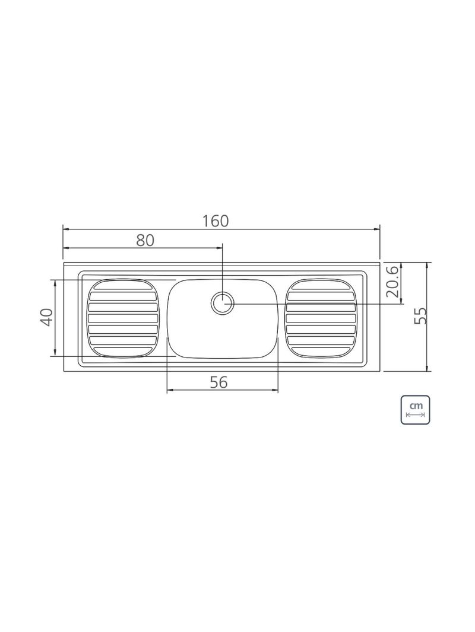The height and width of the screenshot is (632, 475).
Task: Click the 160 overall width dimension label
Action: pos(215,221)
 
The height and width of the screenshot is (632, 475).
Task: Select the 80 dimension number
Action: pos(145,240)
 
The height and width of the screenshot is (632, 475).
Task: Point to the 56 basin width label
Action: pos(219,382)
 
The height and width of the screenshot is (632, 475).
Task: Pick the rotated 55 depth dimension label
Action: pos(420,316)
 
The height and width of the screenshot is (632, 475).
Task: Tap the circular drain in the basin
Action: pos(223,304)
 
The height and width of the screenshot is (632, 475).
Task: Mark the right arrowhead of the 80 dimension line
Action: pos(220,248)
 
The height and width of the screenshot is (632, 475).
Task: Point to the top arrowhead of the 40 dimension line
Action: pos(55,282)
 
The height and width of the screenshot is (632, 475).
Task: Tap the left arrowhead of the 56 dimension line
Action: pos(170,390)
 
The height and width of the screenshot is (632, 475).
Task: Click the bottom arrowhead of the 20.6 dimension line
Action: pos(402,301)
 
